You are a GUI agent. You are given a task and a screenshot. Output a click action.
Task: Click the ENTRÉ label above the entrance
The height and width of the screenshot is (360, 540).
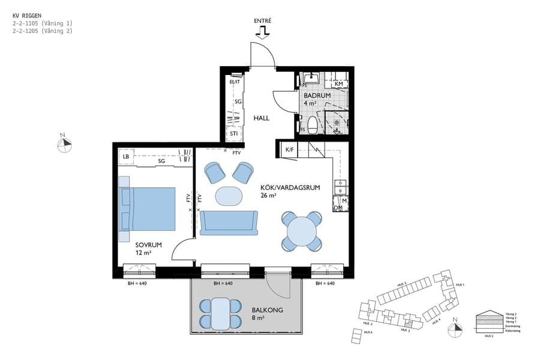pyautogui.click(x=263, y=21)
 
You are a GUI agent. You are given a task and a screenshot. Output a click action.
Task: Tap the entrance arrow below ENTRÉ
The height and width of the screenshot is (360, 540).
pyautogui.click(x=263, y=33)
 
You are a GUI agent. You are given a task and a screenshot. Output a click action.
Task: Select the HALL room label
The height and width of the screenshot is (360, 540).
pyautogui.click(x=261, y=118)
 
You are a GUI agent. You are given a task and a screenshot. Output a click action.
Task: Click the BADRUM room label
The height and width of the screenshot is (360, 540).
pyautogui.click(x=315, y=95)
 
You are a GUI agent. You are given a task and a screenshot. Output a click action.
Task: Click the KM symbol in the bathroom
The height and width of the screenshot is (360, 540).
pyautogui.click(x=338, y=84)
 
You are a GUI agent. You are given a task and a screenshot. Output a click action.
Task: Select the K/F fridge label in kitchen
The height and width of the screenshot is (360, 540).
pyautogui.click(x=289, y=149)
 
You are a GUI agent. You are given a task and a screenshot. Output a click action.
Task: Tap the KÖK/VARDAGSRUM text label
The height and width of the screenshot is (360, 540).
pyautogui.click(x=290, y=187)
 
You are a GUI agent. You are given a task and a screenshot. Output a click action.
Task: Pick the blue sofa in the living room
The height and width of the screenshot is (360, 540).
pyautogui.click(x=229, y=223)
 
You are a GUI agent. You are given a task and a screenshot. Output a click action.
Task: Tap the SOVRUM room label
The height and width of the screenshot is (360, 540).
pyautogui.click(x=147, y=245)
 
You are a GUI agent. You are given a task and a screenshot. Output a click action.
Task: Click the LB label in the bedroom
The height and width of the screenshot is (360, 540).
pyautogui.click(x=126, y=157)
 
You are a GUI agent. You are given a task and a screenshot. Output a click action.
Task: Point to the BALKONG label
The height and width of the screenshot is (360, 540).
pyautogui.click(x=267, y=310)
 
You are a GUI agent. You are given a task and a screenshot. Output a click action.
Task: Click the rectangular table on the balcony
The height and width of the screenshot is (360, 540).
pyautogui.click(x=220, y=314)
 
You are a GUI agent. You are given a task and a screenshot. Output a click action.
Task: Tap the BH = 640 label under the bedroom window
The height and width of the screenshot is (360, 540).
pyautogui.click(x=137, y=283)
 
